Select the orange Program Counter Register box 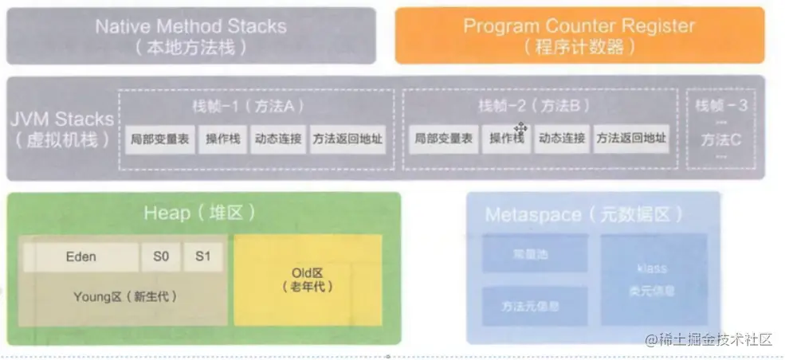pos(579,35)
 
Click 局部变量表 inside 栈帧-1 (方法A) pos(159,139)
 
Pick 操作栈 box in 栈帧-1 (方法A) pos(223,139)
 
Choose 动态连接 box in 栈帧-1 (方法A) pos(278,139)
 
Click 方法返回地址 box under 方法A pos(347,139)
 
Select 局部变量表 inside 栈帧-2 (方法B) pos(443,139)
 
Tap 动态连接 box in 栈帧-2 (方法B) pos(562,139)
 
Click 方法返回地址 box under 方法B pos(631,139)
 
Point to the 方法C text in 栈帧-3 pos(721,139)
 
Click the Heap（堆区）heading pos(199,213)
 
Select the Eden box pos(80,256)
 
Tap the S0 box pos(162,256)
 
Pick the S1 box pos(202,256)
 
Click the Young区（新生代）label pos(124,296)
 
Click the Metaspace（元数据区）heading pos(583,214)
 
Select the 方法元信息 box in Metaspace pos(531,306)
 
